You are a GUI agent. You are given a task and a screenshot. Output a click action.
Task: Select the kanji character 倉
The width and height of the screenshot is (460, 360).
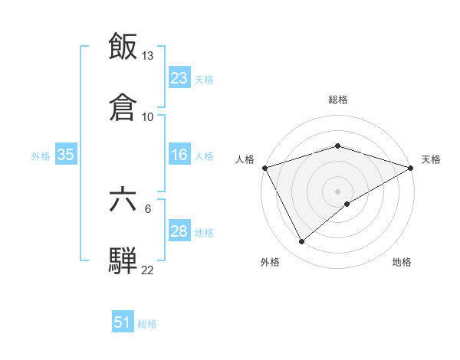(x=123, y=106)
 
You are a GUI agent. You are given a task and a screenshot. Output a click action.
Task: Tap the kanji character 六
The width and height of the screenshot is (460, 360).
(x=123, y=199)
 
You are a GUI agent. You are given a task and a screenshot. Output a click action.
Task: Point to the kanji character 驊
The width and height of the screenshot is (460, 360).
(x=123, y=260)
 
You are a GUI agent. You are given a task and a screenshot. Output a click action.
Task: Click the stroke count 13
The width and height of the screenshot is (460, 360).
(x=148, y=56)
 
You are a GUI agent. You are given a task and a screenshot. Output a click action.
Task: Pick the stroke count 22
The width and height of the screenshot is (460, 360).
(x=148, y=270)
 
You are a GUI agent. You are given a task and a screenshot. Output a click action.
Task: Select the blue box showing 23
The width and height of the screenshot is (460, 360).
(x=179, y=78)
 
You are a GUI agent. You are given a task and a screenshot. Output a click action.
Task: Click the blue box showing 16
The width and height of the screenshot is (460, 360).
(x=179, y=155)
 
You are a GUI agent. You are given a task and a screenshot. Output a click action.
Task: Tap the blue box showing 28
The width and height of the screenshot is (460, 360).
(x=179, y=231)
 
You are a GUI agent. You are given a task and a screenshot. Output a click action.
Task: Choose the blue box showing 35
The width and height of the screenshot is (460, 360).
(x=66, y=155)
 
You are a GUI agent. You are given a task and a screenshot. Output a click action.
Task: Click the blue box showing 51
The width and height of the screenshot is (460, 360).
(x=123, y=323)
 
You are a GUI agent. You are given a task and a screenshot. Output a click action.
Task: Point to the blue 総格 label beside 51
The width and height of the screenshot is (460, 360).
(x=147, y=324)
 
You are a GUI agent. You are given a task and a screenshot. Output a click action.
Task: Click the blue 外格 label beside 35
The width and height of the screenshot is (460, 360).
(x=41, y=155)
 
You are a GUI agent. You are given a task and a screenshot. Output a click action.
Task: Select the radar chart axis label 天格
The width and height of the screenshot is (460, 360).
(x=432, y=159)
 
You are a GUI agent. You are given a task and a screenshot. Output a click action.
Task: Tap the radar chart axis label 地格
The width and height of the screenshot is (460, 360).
(x=402, y=262)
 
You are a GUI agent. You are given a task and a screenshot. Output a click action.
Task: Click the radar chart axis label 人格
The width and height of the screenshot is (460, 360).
(x=245, y=159)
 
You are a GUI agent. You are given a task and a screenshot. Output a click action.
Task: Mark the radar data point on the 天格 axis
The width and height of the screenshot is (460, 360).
(x=412, y=167)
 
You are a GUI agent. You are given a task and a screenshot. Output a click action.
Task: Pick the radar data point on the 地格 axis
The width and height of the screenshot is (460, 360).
(x=347, y=204)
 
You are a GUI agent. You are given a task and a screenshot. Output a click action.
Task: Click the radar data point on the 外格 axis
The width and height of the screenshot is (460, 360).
(x=302, y=241)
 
